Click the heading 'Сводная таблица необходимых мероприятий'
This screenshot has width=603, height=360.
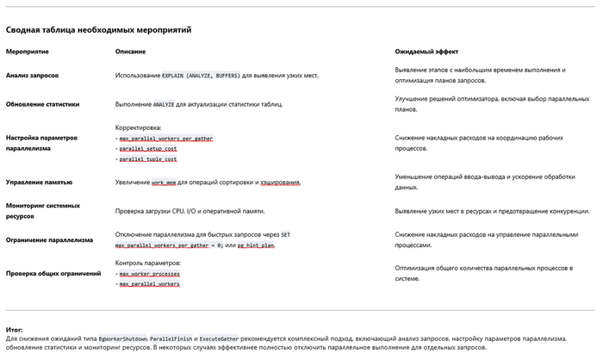click(x=98, y=30)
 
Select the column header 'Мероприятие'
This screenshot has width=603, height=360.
click(x=28, y=52)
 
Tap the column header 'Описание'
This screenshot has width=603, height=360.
click(x=131, y=52)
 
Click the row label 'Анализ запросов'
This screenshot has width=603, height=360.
click(x=33, y=76)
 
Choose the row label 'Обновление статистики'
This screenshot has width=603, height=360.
click(x=43, y=104)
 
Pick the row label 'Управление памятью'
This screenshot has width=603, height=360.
click(x=40, y=182)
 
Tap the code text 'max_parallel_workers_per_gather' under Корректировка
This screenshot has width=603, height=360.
click(x=165, y=138)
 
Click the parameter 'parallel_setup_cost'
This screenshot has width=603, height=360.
click(x=148, y=148)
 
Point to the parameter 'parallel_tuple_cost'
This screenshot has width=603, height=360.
click(x=148, y=159)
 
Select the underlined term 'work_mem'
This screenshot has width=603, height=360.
click(x=164, y=183)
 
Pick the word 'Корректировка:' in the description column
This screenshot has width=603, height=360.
click(x=138, y=127)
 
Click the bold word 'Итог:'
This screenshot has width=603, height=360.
click(x=15, y=329)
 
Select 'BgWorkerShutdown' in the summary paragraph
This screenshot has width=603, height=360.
click(x=122, y=338)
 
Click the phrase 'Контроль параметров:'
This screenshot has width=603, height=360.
click(x=147, y=262)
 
